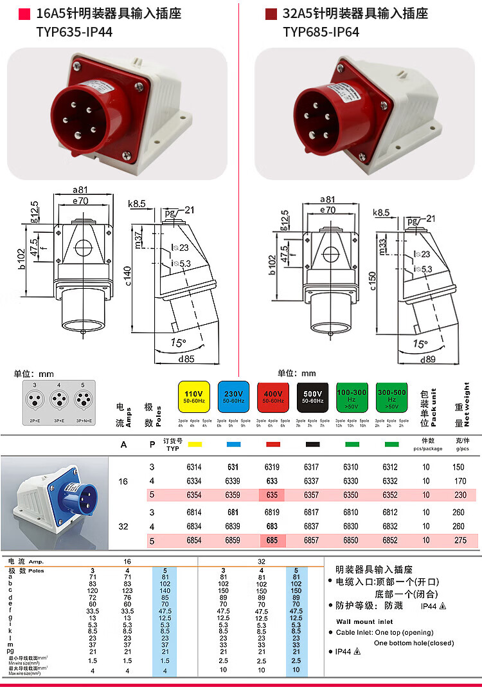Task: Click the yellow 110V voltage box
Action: pos(193,396)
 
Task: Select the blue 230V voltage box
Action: pos(233,396)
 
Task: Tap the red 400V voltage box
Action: pos(272,396)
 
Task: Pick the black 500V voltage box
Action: pos(312,396)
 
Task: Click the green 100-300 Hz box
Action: pos(352,396)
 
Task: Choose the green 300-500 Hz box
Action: pos(391,396)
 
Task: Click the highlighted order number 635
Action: pos(272,495)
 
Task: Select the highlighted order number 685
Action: pos(272,541)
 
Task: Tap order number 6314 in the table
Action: pos(193,467)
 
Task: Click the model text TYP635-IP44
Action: pos(75,32)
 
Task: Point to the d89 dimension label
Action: pos(427,360)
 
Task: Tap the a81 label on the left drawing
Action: pos(80,190)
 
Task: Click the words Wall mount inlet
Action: pos(364,621)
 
